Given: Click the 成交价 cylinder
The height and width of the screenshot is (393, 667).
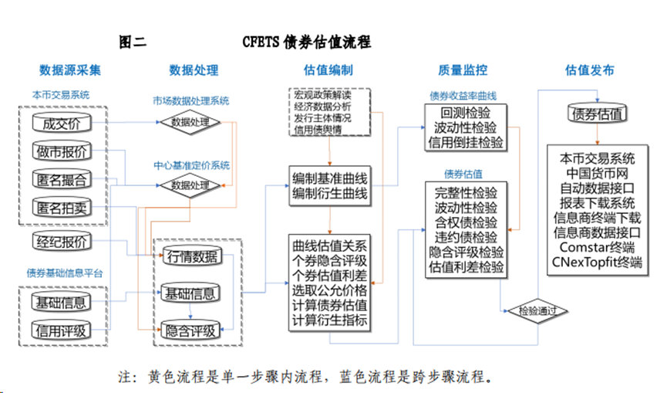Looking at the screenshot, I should pos(62,122).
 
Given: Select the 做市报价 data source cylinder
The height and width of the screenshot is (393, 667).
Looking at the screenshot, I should pos(62,151).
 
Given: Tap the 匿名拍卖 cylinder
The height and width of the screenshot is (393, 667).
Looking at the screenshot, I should pos(62,207).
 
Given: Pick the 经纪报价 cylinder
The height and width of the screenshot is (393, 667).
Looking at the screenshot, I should pos(62,241).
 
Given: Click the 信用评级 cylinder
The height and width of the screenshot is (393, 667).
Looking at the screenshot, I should pos(62,330).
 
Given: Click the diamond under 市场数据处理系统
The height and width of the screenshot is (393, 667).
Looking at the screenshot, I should pos(190,122).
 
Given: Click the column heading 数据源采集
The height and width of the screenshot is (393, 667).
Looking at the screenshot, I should pos(70,70).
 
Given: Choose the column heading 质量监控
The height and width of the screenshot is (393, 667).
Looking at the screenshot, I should pos(463,70).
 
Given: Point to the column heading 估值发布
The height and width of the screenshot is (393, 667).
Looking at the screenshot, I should pos(590,70).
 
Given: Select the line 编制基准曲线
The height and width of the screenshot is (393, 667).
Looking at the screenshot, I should pos(329,178).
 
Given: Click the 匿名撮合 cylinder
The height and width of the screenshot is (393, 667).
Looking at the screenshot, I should pos(62,179).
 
